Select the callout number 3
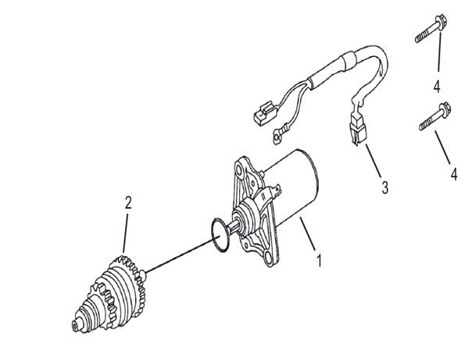tap(383, 188)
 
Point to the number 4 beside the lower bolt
tap(453, 173)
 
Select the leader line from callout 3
tap(370, 164)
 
